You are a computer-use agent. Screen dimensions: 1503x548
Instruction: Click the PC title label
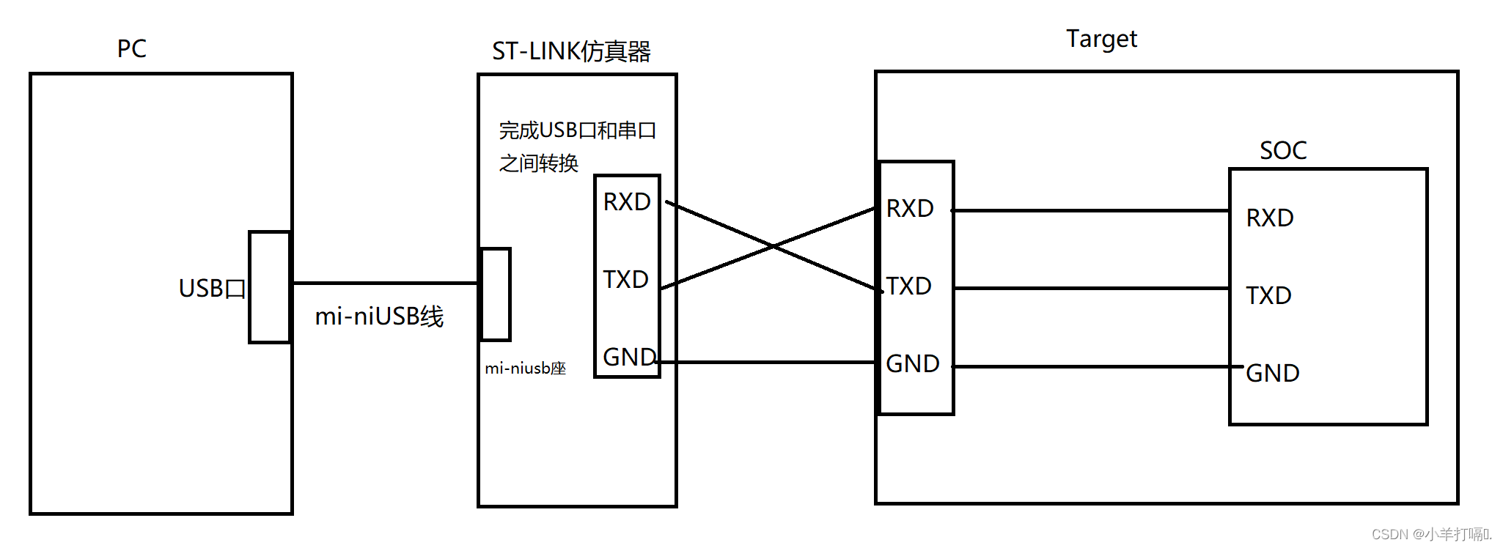pyautogui.click(x=132, y=48)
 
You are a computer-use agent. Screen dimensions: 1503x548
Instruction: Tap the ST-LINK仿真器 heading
pyautogui.click(x=571, y=51)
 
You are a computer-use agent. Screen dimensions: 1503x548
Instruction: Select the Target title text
pyautogui.click(x=1101, y=39)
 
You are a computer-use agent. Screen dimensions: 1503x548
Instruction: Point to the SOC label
pyautogui.click(x=1283, y=150)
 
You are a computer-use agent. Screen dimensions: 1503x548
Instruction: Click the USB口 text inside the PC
pyautogui.click(x=212, y=288)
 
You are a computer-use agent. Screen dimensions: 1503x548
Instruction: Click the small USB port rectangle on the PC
pyautogui.click(x=270, y=287)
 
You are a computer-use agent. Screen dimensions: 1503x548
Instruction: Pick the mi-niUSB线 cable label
pyautogui.click(x=379, y=316)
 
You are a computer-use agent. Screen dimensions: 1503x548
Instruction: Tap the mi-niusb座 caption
pyautogui.click(x=525, y=368)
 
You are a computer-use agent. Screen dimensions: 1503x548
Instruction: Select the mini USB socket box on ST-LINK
pyautogui.click(x=495, y=295)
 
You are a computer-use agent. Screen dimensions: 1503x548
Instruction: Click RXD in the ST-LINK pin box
pyautogui.click(x=627, y=201)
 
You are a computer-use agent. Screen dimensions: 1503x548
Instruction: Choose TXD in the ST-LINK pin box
pyautogui.click(x=625, y=279)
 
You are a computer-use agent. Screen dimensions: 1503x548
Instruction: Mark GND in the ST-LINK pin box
pyautogui.click(x=629, y=357)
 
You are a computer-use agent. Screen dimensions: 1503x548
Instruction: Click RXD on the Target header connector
pyautogui.click(x=910, y=208)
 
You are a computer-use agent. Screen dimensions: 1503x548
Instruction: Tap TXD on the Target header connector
pyautogui.click(x=908, y=286)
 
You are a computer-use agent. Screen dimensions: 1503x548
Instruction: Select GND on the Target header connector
pyautogui.click(x=913, y=363)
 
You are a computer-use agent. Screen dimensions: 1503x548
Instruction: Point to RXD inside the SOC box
pyautogui.click(x=1270, y=218)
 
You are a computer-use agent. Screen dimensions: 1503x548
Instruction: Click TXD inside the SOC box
pyautogui.click(x=1268, y=295)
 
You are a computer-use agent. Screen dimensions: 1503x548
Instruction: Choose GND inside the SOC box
pyautogui.click(x=1273, y=373)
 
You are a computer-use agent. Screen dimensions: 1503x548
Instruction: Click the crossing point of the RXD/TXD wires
pyautogui.click(x=772, y=246)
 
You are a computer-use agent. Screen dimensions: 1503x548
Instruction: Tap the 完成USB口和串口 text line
pyautogui.click(x=578, y=130)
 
